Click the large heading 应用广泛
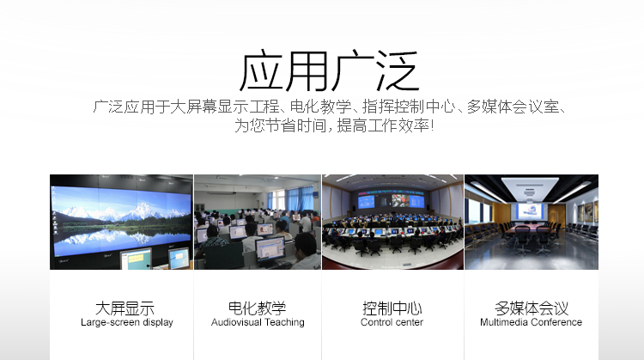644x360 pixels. point(329,70)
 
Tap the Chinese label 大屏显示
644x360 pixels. point(125,308)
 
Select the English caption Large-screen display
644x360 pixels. point(127,322)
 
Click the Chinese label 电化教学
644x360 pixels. point(257,308)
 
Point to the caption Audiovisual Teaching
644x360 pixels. point(258,322)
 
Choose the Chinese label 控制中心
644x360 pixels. point(392,308)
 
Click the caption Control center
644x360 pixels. point(392,322)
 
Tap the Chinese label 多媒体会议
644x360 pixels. point(532,308)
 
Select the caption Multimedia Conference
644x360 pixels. point(531,322)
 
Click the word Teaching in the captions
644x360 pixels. point(284,322)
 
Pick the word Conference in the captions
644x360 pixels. point(557,322)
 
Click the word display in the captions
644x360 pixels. point(158,322)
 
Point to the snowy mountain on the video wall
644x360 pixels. point(123,211)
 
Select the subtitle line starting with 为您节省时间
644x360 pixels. point(334,125)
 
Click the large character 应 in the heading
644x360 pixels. point(261,70)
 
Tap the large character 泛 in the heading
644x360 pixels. point(398,70)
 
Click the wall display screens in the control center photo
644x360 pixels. point(391,200)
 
